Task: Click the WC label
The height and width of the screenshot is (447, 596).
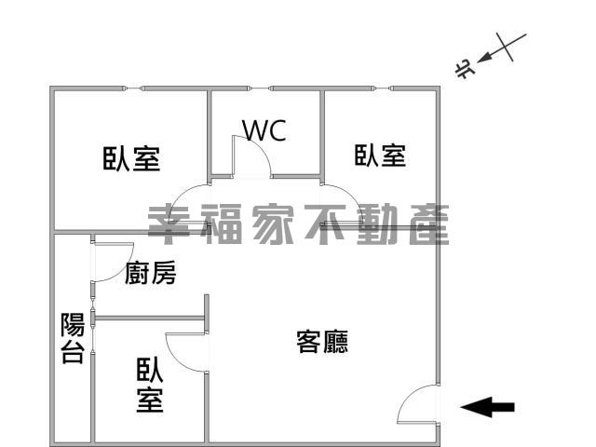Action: [264, 130]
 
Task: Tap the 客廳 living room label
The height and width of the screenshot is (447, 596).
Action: [322, 342]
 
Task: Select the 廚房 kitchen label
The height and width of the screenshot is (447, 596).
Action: [151, 273]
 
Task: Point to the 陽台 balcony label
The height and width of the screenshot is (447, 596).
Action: [73, 338]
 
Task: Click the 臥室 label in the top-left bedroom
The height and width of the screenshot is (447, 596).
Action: [131, 158]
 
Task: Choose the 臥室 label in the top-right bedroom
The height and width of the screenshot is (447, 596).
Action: [380, 156]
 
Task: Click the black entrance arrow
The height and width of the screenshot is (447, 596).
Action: [487, 407]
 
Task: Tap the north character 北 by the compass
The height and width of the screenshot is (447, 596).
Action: [465, 69]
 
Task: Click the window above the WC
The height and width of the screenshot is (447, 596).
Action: [260, 88]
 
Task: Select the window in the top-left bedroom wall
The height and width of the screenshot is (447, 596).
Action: [133, 88]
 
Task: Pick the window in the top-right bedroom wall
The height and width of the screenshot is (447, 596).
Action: [383, 88]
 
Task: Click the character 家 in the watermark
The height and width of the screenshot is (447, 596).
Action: [273, 224]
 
